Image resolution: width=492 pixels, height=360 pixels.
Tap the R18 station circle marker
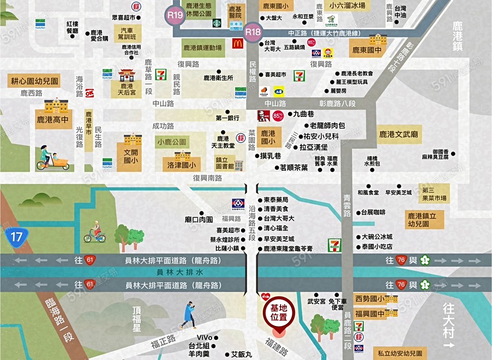pos(253,32)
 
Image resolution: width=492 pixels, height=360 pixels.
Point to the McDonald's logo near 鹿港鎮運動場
pos(237,44)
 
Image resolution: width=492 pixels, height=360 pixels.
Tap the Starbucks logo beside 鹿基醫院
pos(216,24)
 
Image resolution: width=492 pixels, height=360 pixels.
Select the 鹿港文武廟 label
pos(399,134)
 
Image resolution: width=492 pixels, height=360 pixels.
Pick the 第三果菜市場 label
pos(435,194)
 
